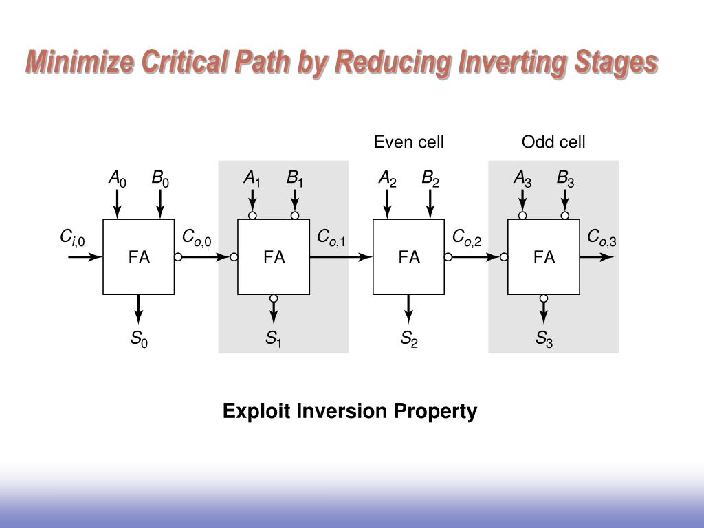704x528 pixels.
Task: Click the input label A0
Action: click(x=118, y=180)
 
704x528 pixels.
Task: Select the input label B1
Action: click(x=295, y=180)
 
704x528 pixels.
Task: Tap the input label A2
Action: click(x=388, y=180)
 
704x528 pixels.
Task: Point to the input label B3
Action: click(x=565, y=180)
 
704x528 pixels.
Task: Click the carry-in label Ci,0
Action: click(x=72, y=239)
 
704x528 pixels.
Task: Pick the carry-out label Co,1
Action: click(x=331, y=238)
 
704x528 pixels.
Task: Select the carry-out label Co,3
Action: click(x=602, y=238)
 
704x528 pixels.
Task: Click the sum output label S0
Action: click(x=139, y=339)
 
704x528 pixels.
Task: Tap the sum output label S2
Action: click(x=409, y=339)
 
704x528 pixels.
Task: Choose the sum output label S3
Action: click(x=544, y=339)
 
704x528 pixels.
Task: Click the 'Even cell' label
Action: click(x=408, y=142)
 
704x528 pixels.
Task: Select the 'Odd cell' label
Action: click(x=553, y=142)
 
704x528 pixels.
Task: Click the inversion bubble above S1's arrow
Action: click(x=274, y=298)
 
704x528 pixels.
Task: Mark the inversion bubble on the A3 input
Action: click(x=522, y=215)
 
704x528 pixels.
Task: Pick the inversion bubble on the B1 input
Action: click(x=295, y=215)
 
